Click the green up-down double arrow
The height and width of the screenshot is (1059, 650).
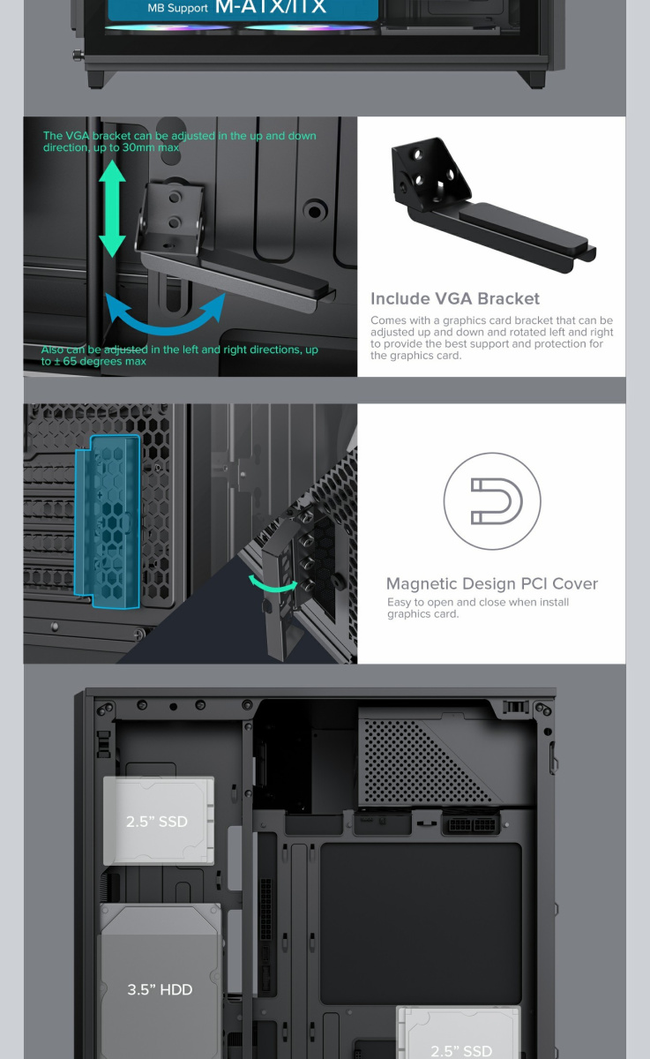(112, 208)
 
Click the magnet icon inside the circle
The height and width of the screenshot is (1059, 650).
(497, 501)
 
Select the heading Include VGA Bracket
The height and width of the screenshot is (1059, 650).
(455, 299)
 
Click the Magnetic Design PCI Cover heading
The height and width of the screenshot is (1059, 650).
(492, 584)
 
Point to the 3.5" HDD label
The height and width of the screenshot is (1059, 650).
(160, 989)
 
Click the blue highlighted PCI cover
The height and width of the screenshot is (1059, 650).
(108, 521)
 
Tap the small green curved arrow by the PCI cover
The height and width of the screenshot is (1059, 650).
(273, 584)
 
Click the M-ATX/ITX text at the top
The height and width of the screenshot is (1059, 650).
(270, 7)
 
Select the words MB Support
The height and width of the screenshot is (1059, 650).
(177, 8)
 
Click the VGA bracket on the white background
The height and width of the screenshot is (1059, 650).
(492, 203)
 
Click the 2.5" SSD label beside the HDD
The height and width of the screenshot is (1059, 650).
(157, 822)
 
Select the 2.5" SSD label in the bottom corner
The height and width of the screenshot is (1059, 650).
(461, 1050)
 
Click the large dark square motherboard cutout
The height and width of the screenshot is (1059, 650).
(421, 924)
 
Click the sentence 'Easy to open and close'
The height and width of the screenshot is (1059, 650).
(478, 602)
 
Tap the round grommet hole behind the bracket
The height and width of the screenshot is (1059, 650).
(315, 210)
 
